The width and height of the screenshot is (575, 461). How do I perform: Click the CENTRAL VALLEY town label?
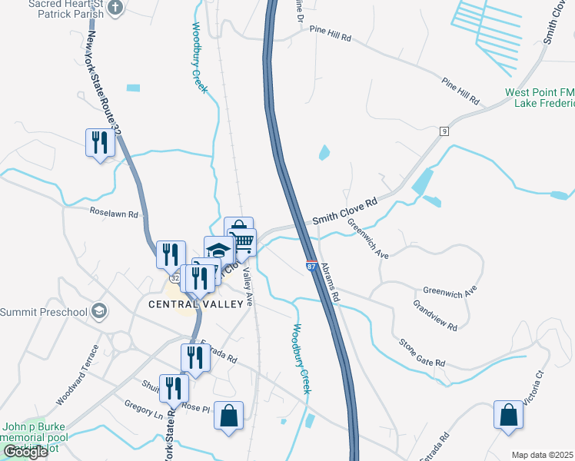[201, 303]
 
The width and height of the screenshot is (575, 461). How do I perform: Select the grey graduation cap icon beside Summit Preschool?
[98, 311]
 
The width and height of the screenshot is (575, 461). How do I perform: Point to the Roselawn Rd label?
[113, 214]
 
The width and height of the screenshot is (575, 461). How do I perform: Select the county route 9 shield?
[444, 132]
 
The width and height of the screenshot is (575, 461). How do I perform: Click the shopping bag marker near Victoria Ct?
[509, 416]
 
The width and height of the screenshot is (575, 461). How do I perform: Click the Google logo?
[26, 452]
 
